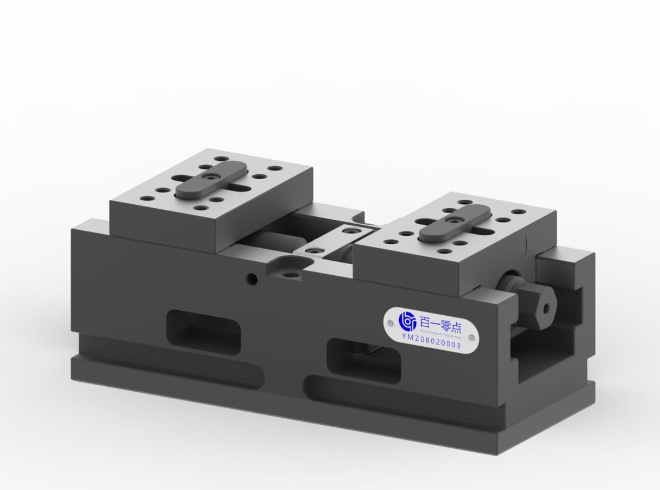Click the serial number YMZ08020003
431,337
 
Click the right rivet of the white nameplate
471,337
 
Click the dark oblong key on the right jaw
455,223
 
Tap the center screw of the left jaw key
211,177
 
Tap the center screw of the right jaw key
455,221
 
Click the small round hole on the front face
252,279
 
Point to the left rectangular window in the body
204,331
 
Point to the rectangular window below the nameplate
364,361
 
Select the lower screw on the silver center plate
314,251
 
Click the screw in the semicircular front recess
289,273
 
